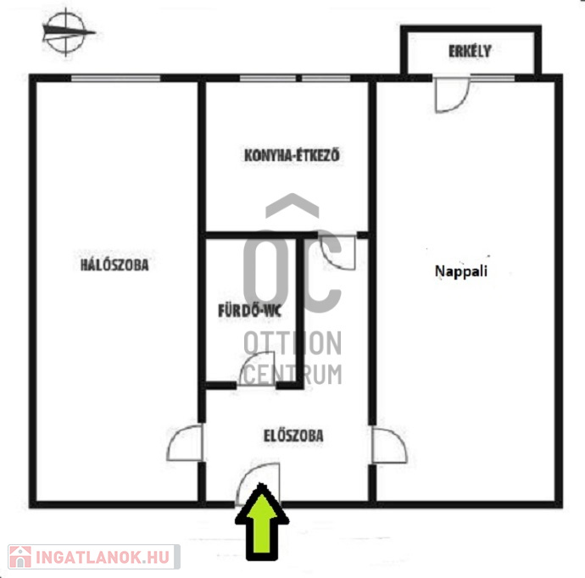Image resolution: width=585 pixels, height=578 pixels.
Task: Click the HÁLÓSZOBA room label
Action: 114,264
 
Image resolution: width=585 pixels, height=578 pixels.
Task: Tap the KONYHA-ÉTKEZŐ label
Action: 292,155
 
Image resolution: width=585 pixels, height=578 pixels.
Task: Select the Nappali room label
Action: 461,271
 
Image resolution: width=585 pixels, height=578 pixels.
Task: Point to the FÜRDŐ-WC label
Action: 249,311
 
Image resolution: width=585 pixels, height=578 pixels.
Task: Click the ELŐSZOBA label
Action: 293,436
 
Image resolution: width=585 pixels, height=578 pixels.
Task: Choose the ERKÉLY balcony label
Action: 470,51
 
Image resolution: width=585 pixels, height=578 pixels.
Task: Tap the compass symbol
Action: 66,32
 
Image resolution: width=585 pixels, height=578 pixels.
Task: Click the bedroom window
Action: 115,78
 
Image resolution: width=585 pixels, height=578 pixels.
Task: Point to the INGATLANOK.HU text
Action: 103,557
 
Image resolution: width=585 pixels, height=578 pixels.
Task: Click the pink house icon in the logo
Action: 20,557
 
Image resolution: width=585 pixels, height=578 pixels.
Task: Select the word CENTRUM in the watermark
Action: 292,375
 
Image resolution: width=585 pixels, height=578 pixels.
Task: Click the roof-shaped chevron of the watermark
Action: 292,205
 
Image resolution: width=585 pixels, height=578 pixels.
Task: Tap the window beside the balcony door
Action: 493,78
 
